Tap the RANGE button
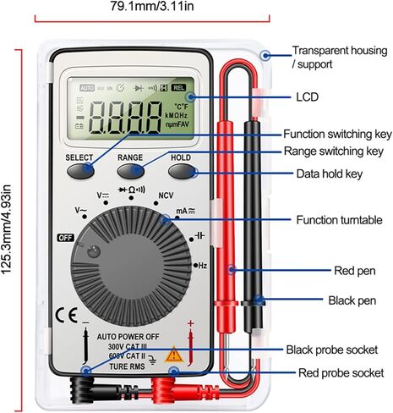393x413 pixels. click(x=131, y=170)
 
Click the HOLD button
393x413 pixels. click(x=182, y=170)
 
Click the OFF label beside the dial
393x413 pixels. click(x=65, y=238)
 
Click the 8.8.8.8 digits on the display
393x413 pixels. click(x=128, y=119)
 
